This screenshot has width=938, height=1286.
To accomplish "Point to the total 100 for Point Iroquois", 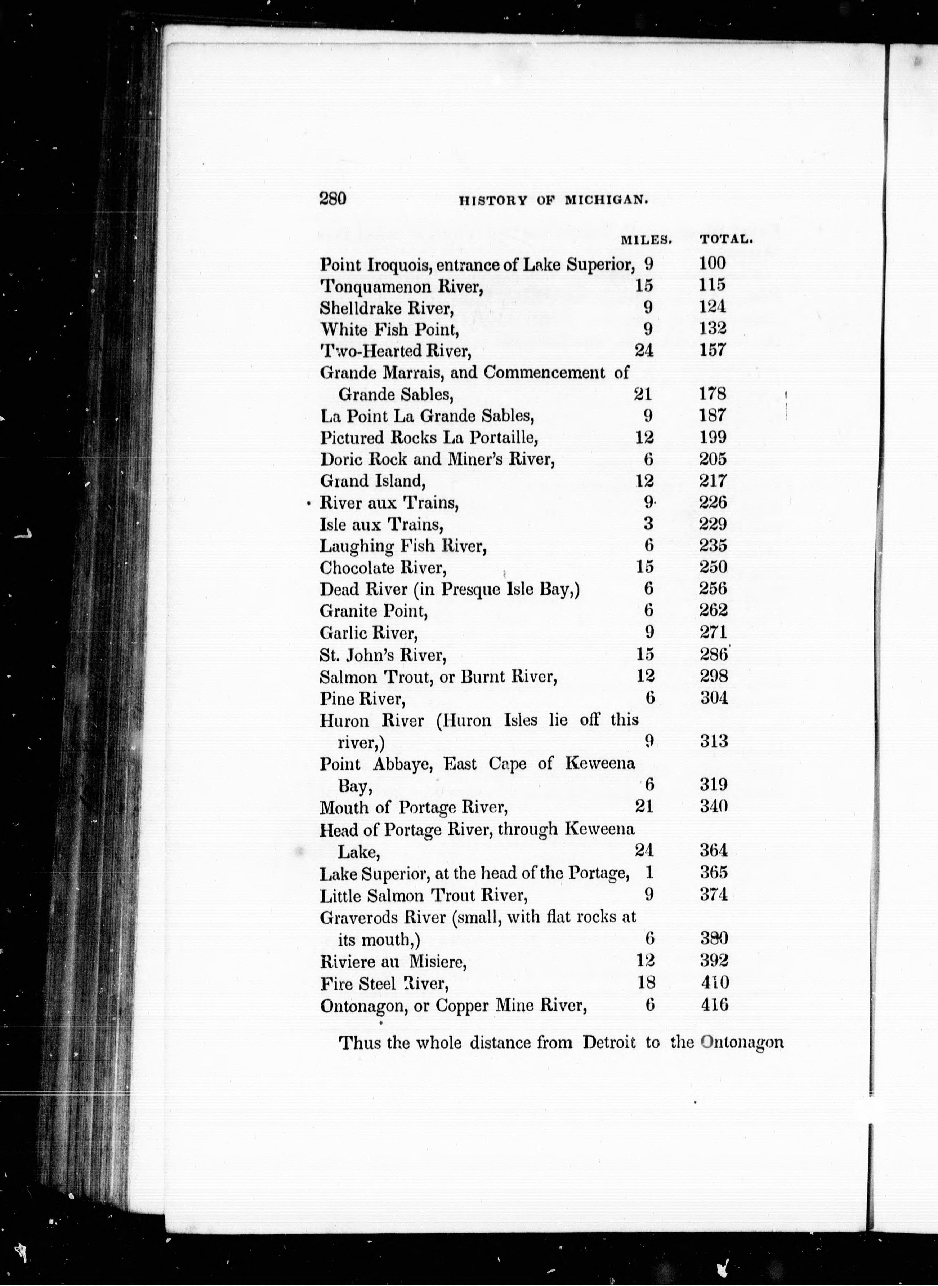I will [x=713, y=263].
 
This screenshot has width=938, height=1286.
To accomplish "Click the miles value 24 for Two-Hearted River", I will [x=644, y=350].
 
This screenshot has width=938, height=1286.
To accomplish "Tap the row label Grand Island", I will [x=372, y=481].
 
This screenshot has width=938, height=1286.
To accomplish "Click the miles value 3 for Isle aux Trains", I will [x=648, y=524].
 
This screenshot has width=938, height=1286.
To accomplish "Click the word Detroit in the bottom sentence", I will [x=609, y=1042].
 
